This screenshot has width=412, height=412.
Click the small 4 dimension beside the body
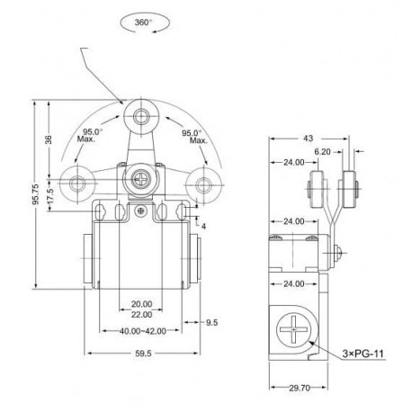(205, 226)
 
